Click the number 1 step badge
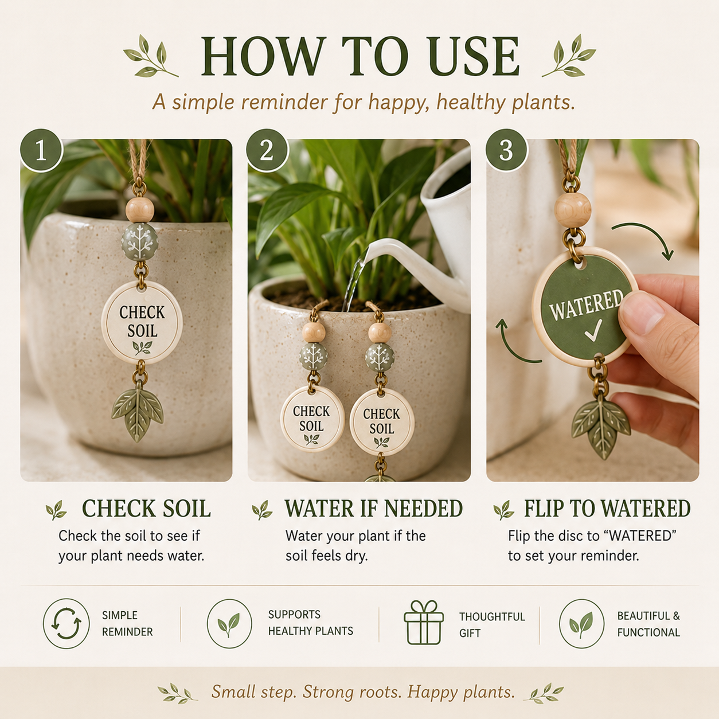tap(41, 151)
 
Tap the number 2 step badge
tap(267, 151)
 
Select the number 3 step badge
tap(506, 151)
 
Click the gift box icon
tap(424, 623)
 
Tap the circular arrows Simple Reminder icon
tap(66, 623)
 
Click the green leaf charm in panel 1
tap(137, 412)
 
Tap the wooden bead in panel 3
tap(572, 210)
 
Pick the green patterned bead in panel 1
tap(139, 242)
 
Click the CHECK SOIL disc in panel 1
tap(142, 322)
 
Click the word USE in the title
tap(474, 56)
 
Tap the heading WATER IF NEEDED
tap(373, 508)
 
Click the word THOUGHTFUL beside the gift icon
tap(492, 617)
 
